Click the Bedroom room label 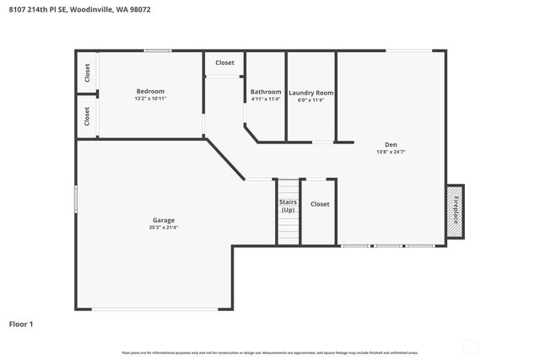[150, 91]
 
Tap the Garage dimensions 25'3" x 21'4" [164, 227]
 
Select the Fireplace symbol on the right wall [456, 210]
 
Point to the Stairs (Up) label [288, 206]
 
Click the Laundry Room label [311, 93]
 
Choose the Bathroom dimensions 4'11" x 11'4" [265, 99]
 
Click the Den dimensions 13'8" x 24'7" [391, 152]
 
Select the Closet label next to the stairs [320, 204]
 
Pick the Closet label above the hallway [224, 62]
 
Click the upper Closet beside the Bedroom [87, 73]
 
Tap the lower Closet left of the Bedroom [87, 116]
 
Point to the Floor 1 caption [22, 324]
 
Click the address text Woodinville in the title [89, 10]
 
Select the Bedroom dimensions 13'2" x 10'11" [150, 99]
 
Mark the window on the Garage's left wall [76, 200]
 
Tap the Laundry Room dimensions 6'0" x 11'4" [311, 99]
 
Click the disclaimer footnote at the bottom [269, 352]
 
